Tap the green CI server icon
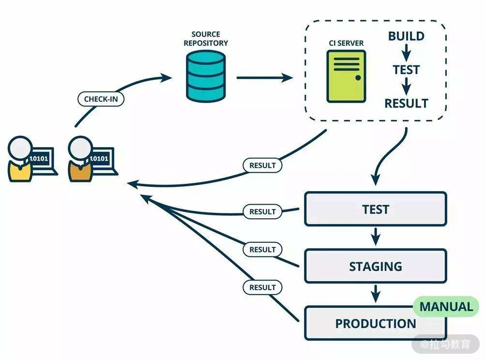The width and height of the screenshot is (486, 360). point(346,76)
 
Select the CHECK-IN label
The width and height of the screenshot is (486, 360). point(101,99)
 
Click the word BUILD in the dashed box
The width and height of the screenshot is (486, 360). point(406,36)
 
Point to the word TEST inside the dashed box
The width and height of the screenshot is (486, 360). point(406,70)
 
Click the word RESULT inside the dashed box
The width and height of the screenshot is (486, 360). point(406,103)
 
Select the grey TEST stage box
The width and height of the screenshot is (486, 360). point(375,209)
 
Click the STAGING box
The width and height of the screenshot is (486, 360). point(375,266)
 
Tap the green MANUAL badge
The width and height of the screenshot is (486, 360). point(445,307)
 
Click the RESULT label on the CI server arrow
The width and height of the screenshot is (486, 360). point(262,165)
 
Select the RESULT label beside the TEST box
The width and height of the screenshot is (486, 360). point(262,211)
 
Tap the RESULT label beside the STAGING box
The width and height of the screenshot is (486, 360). point(262,250)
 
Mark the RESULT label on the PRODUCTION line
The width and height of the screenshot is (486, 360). point(262,287)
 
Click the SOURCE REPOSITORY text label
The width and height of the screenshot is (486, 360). point(205,38)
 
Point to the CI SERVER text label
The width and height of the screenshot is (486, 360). point(346,43)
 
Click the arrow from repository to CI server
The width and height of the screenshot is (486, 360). point(264,77)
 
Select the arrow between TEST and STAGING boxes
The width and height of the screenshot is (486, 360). point(375,237)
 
